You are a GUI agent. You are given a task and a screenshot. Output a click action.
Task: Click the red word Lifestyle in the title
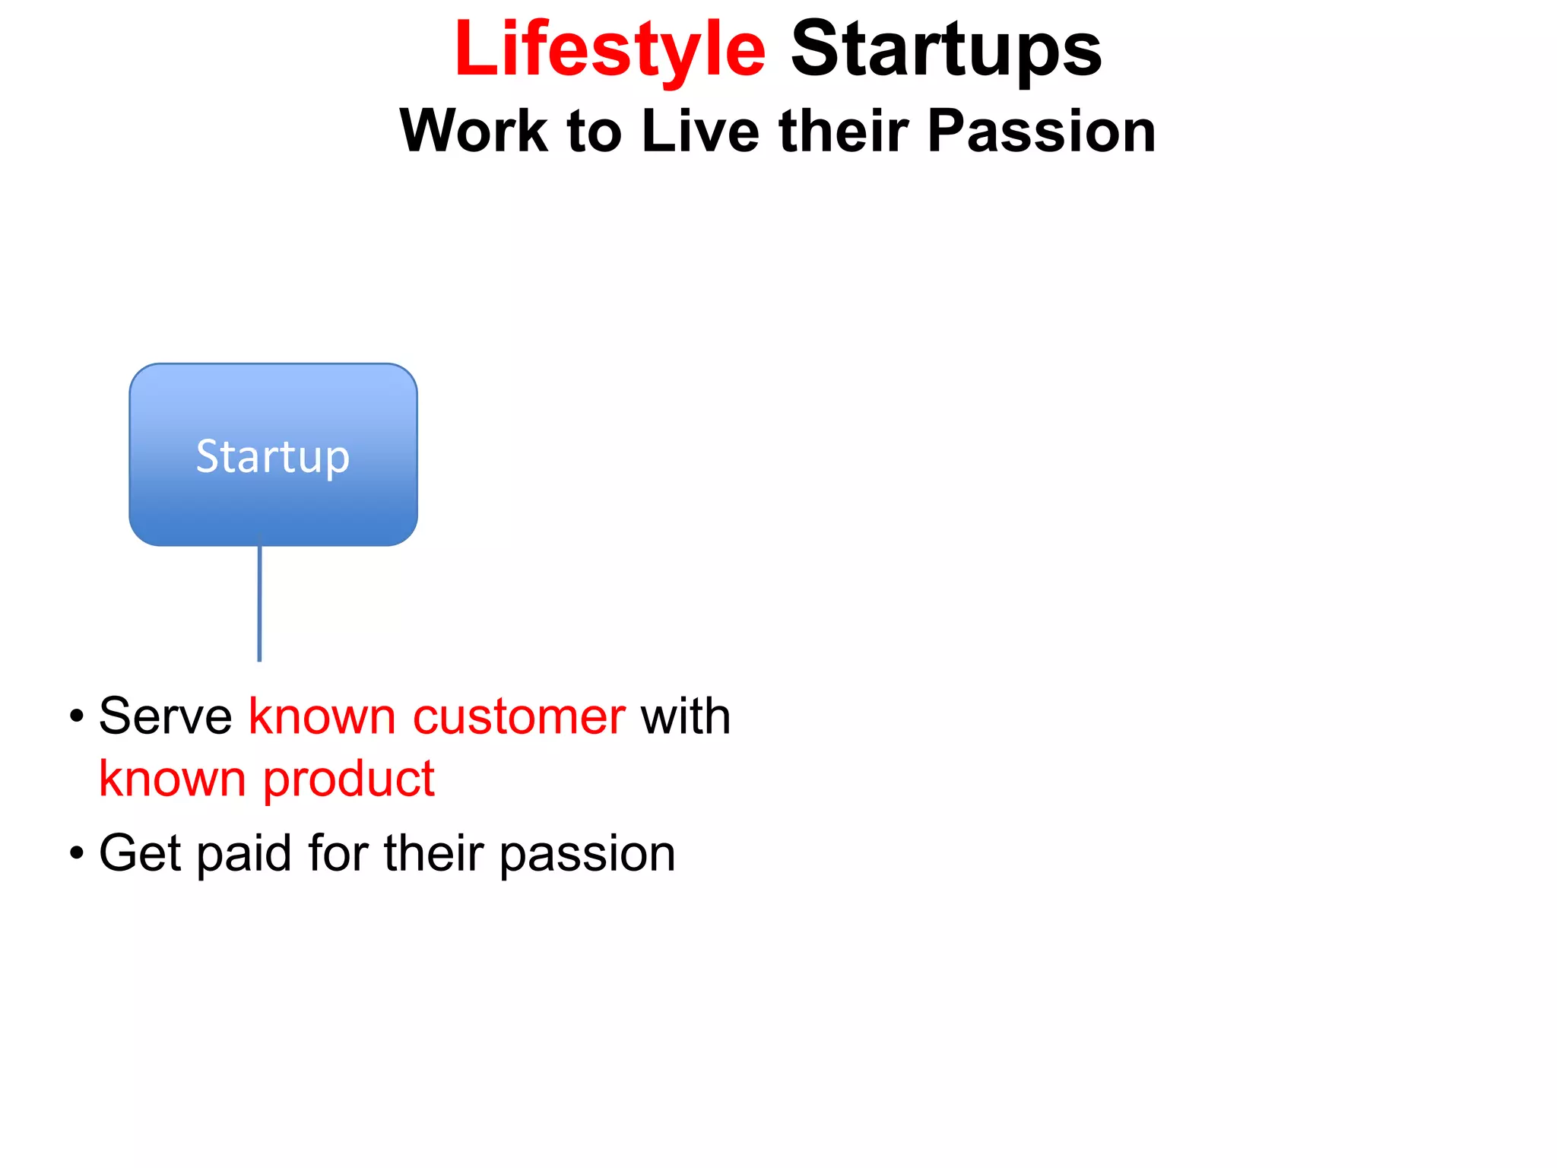610,50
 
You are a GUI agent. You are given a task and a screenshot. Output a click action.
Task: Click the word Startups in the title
946,50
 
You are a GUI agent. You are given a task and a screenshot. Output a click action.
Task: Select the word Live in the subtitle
699,131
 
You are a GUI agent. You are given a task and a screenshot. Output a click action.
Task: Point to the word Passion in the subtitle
1041,131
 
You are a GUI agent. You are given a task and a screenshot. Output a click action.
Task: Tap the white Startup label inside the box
273,456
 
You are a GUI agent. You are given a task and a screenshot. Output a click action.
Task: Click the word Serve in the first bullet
165,716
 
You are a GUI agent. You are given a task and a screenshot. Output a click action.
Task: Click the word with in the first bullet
685,716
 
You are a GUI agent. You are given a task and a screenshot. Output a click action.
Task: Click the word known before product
172,779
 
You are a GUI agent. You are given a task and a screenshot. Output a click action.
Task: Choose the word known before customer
322,716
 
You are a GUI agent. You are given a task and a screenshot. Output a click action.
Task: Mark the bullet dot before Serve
76,716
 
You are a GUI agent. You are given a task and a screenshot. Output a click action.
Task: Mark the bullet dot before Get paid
76,853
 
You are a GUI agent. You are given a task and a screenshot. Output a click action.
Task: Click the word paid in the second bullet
243,853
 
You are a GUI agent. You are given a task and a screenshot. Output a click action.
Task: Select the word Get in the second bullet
140,853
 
